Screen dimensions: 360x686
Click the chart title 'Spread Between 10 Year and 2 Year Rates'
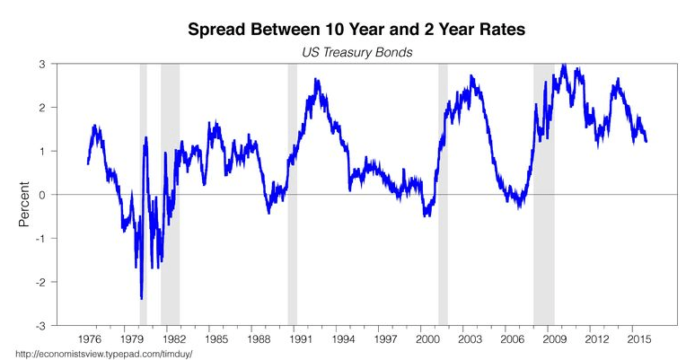[x=356, y=30]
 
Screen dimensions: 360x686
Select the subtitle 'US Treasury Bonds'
[x=356, y=53]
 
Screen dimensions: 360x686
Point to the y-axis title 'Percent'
[x=25, y=195]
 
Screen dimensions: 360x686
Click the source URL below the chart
[x=98, y=354]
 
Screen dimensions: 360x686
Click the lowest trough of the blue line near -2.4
[x=142, y=298]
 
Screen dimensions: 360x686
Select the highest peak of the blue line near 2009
[x=563, y=66]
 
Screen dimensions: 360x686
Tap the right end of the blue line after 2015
[x=646, y=140]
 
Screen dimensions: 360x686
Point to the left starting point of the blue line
[x=87, y=163]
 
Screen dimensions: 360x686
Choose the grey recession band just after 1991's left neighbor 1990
[x=292, y=195]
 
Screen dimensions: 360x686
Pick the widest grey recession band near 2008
[x=543, y=195]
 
